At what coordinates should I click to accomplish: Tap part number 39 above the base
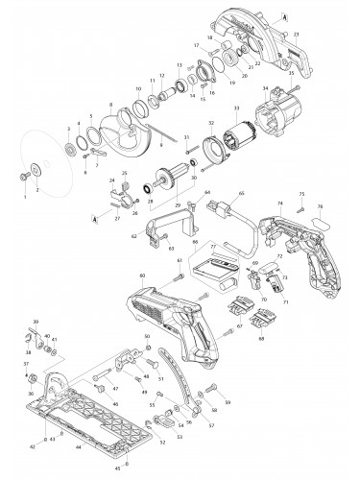pos(36,320)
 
